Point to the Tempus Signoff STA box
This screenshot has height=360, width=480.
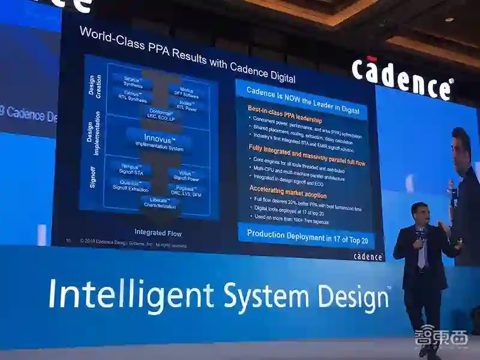coord(132,170)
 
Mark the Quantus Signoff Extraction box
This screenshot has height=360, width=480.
coord(132,186)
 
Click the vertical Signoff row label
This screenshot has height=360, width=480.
coord(93,177)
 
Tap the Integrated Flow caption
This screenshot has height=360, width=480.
coord(158,233)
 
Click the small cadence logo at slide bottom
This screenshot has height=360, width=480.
coord(368,256)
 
